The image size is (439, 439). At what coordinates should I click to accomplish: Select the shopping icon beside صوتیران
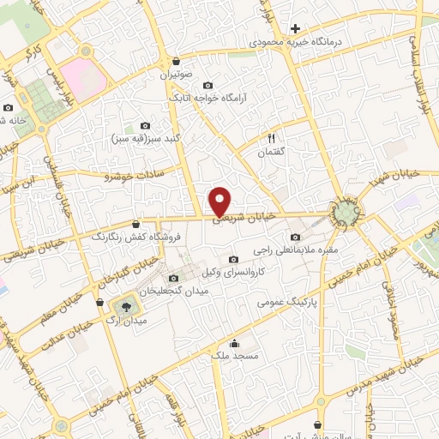tap(176, 61)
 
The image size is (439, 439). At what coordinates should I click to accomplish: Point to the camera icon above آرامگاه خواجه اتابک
tap(209, 85)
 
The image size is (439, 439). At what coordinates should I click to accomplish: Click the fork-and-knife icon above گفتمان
tap(273, 137)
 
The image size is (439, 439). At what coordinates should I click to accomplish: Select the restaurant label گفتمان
tap(274, 152)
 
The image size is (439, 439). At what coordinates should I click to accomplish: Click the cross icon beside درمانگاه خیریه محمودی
tap(295, 28)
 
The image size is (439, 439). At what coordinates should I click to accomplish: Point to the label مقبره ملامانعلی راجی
tap(296, 250)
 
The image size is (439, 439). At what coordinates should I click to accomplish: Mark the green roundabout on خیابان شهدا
tap(346, 211)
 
